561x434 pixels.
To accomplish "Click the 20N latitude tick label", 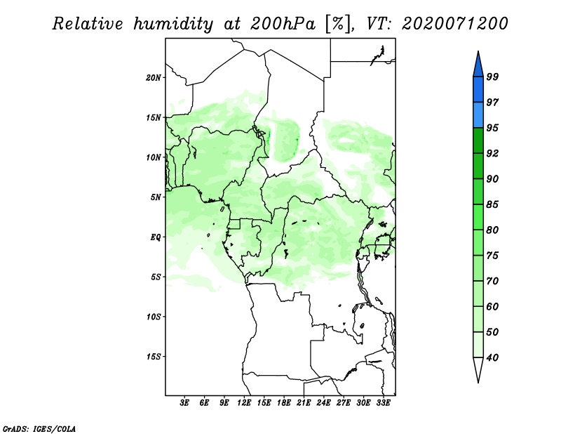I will point(154,77).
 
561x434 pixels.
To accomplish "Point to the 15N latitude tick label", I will point(154,117).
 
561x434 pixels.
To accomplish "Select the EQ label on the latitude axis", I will point(156,237).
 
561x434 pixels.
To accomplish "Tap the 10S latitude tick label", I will point(154,317).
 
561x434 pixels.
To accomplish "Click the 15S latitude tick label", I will point(154,357).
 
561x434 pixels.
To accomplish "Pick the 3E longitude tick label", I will point(185,404).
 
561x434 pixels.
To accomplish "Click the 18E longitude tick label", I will point(284,404).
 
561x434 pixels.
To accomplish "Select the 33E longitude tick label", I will point(383,404).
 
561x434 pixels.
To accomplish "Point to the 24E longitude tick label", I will point(324,404).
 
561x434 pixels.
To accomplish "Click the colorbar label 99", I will point(492,77).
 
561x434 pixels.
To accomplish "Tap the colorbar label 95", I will point(492,128).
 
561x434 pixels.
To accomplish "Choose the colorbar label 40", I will point(492,357).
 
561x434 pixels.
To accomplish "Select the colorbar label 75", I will point(492,256).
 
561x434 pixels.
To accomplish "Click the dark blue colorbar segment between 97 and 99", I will point(478,89).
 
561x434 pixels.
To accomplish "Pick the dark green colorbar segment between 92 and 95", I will point(478,140).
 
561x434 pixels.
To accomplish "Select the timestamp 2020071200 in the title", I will point(455,25).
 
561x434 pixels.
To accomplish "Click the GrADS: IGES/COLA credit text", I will point(39,428).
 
